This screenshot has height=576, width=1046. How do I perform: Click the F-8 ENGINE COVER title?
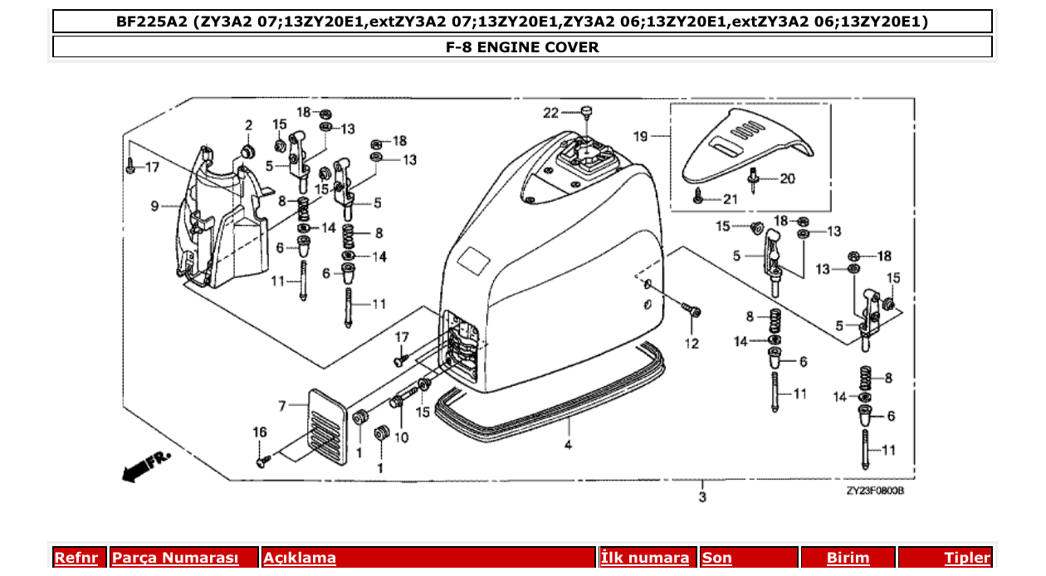522,47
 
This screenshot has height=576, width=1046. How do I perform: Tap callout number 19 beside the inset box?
640,134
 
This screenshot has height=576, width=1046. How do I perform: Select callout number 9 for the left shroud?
155,205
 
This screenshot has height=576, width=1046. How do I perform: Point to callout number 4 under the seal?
568,445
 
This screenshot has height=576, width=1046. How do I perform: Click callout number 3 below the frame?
702,498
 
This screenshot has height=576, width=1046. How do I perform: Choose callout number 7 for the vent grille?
282,405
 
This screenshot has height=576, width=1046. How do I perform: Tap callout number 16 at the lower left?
260,432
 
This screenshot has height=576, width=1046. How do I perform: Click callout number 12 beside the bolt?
692,343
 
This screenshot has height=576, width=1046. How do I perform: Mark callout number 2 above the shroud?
247,125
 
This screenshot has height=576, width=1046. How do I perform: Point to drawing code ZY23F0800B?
874,491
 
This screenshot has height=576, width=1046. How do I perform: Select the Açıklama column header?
300,558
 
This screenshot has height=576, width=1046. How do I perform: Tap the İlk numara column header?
644,558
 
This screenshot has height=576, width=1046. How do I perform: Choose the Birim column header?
848,558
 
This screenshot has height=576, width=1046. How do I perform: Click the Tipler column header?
967,558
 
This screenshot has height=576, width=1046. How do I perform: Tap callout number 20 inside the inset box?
786,178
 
